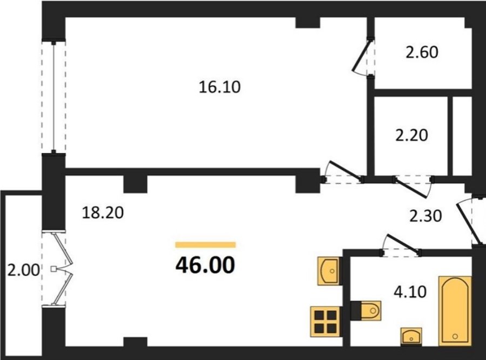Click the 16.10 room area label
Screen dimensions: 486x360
219,87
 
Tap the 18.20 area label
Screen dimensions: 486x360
103,213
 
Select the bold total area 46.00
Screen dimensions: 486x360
205,265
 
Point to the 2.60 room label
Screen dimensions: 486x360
422,52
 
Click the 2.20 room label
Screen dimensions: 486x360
411,136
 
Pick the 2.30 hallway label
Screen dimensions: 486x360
426,216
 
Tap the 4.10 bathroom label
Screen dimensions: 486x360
410,292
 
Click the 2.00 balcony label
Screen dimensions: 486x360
24,270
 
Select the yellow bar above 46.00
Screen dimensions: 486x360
206,245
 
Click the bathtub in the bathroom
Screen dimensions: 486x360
455,311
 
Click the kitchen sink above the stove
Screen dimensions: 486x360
329,271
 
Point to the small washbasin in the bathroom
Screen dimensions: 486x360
411,337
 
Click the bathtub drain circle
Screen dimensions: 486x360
455,336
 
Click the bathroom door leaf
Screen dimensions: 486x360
402,243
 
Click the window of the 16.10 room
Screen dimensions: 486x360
53,97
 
